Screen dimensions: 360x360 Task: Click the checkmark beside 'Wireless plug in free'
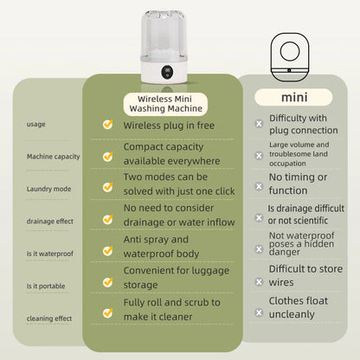(107, 125)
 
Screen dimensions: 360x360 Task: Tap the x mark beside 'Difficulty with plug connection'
(259, 124)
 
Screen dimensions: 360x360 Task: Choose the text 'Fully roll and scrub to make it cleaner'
(171, 309)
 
